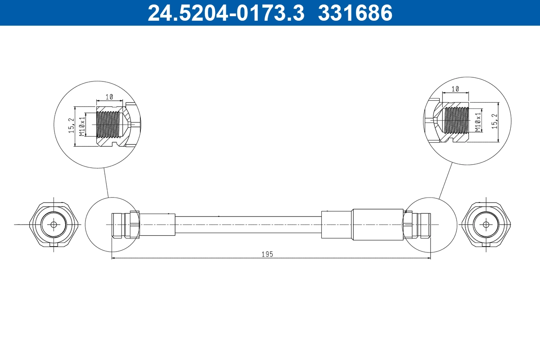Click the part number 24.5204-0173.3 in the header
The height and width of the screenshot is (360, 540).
pos(226,13)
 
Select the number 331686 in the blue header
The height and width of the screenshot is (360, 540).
pos(355,13)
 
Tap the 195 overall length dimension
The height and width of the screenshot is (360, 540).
pos(267,254)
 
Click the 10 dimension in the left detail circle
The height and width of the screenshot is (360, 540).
pos(109,97)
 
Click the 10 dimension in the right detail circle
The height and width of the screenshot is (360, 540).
pos(455,89)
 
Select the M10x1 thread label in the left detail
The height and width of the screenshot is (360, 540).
pos(82,126)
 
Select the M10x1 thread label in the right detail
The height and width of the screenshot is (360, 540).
pos(478,121)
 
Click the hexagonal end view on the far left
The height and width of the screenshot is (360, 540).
pos(54,224)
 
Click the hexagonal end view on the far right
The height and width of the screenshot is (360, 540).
pos(486,224)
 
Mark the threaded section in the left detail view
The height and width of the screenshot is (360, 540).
pos(108,125)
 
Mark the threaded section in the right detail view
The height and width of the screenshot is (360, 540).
pos(455,120)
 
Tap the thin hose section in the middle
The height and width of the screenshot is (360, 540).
pos(247,224)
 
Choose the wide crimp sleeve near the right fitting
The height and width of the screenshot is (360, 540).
pos(377,224)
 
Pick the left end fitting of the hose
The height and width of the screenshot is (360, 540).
pos(122,224)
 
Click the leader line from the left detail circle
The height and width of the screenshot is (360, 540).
pos(106,182)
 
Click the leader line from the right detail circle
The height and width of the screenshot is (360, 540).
pos(445,180)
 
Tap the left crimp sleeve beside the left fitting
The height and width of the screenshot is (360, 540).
pos(157,224)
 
